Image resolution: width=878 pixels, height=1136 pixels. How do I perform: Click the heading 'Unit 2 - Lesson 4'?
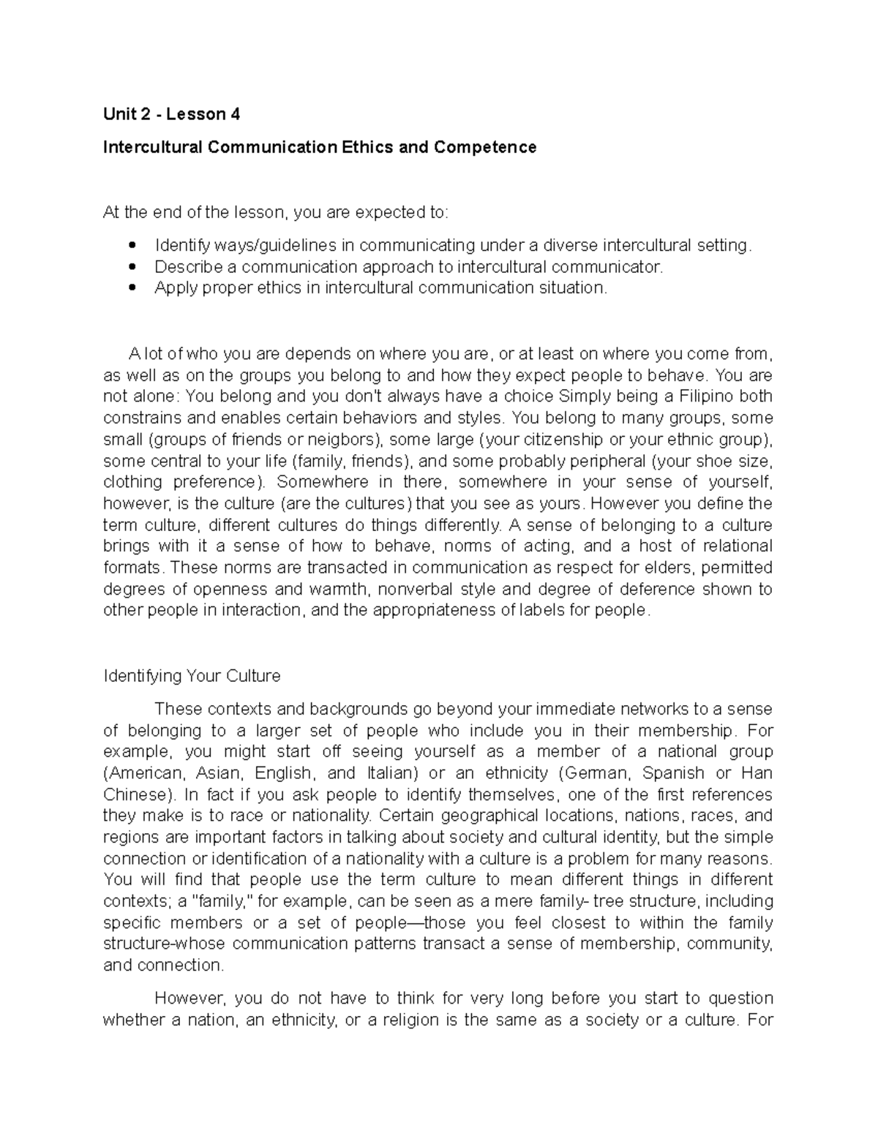(171, 114)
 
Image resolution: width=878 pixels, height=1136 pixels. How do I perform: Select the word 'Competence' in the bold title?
(485, 147)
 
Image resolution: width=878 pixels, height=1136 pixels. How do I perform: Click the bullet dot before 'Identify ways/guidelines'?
(132, 245)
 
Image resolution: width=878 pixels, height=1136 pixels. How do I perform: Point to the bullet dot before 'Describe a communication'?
(132, 267)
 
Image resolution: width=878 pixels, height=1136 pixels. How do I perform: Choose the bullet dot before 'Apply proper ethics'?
(132, 288)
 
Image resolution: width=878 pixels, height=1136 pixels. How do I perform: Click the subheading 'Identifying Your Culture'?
(192, 675)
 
